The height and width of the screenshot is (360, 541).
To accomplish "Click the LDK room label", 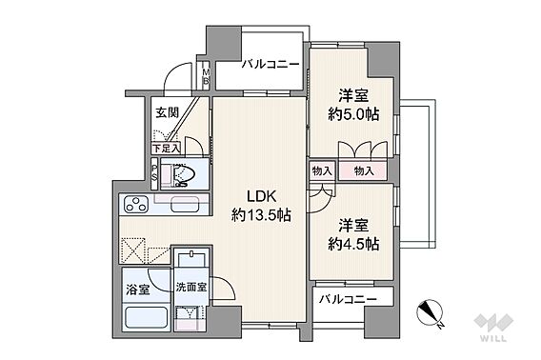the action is coord(261,196).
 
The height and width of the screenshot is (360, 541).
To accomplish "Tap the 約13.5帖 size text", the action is coord(261,216).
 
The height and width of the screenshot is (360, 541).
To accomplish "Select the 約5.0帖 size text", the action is coord(353,114).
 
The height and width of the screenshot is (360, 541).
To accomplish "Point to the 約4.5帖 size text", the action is coord(353,245).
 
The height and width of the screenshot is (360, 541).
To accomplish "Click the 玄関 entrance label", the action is coord(167,112).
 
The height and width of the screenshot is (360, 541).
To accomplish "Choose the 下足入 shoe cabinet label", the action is coord(166,149).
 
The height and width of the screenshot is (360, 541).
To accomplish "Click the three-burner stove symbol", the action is coord(136,204).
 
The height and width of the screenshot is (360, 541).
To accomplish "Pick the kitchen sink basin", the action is coord(185,206).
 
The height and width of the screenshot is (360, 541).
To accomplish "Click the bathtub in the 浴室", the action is coord(147,317).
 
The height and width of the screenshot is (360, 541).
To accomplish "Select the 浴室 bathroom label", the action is coord(138,290).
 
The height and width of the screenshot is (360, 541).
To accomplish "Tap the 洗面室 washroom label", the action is coord(191,287).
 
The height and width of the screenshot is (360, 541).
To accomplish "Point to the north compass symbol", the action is coord(429,312).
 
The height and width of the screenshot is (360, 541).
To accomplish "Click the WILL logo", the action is coord(493,327).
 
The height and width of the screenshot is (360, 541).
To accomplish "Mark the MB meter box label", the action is coord(206,76).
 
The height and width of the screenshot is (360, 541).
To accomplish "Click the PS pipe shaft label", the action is coord(155,173).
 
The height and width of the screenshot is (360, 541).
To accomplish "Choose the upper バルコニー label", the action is coord(270,65).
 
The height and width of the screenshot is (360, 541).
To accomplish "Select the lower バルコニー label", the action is coord(348,299).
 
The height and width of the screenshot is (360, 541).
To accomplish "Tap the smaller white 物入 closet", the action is coord(322,170).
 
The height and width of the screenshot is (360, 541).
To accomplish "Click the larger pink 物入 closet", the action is coord(363,170).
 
